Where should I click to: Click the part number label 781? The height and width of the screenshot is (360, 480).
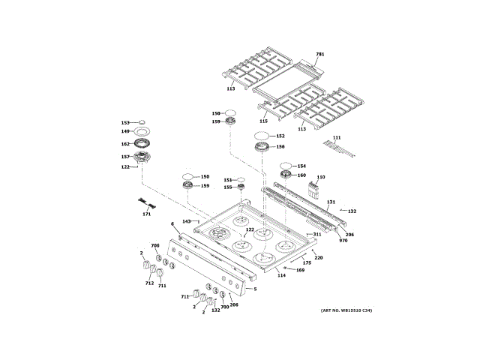click(319, 55)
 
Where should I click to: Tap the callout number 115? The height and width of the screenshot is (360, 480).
click(263, 121)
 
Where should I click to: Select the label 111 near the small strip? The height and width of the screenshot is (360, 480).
click(337, 138)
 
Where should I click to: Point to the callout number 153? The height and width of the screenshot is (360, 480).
click(125, 122)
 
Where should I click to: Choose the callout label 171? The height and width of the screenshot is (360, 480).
click(146, 214)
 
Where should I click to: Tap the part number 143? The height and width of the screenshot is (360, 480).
click(187, 221)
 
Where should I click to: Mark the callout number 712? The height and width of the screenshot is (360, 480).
click(149, 283)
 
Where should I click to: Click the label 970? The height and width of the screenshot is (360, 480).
click(343, 240)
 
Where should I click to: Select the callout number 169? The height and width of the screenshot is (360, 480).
click(300, 269)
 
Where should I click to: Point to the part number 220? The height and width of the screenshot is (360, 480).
click(318, 257)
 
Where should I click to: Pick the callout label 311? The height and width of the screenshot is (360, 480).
click(316, 235)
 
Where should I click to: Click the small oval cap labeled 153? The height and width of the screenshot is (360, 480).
click(141, 122)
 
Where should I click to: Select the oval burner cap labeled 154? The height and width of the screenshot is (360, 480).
click(286, 166)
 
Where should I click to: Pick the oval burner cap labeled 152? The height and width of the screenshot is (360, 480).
click(260, 136)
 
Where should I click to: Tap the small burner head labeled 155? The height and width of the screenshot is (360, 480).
click(241, 187)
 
